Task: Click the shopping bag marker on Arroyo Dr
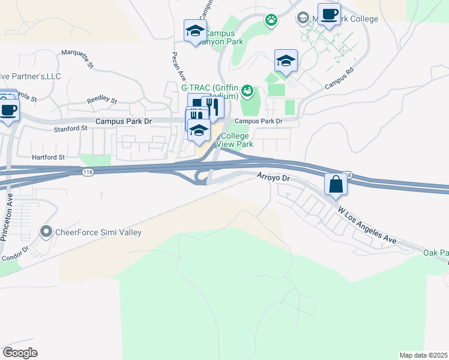[336, 184]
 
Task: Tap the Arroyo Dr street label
[274, 178]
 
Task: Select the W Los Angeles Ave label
[367, 226]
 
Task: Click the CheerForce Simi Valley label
[98, 232]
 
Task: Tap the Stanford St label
[71, 129]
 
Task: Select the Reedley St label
[101, 101]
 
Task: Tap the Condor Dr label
[15, 254]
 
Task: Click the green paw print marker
[272, 20]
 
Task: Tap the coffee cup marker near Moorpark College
[328, 14]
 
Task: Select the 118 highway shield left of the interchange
[88, 172]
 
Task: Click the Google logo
[20, 353]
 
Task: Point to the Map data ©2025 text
[424, 355]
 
